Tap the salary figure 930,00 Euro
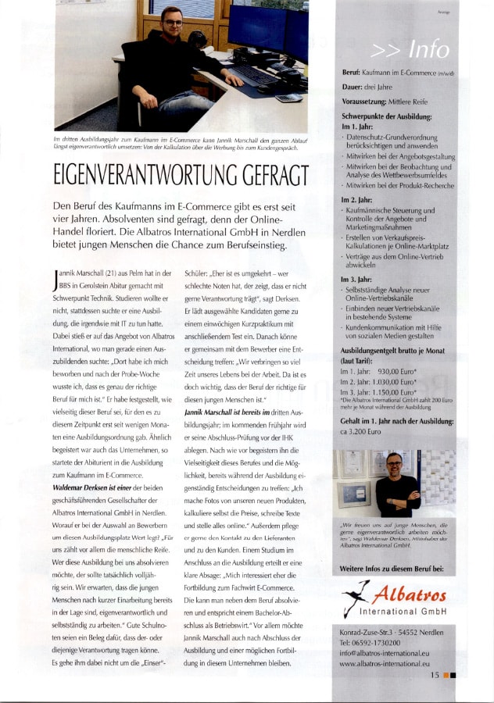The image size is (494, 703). click(x=392, y=371)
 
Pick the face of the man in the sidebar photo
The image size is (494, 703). click(x=395, y=463)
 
